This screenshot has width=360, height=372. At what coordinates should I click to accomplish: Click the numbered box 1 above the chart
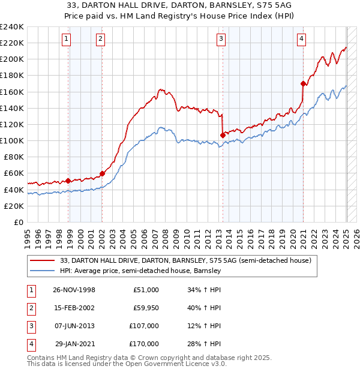point(65,40)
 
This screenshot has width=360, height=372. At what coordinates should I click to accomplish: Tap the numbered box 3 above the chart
point(221,40)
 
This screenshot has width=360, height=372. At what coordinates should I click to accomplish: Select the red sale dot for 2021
point(303,83)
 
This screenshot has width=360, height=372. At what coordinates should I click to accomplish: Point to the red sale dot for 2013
point(223,135)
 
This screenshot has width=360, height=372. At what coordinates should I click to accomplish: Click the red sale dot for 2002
point(102,173)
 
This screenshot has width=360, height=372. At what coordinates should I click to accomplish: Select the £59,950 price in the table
point(145,308)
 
